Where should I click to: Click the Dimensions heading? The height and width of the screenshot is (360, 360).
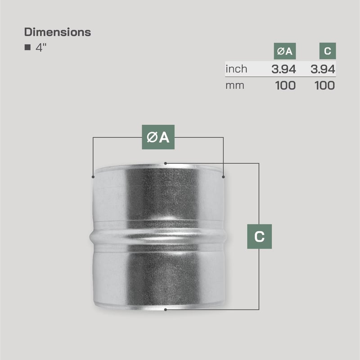(58, 32)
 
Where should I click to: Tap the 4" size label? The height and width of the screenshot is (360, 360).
(41, 48)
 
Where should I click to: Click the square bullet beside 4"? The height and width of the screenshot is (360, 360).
(27, 47)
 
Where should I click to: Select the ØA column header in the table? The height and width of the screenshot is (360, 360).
(285, 51)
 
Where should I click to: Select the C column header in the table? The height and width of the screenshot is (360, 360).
(328, 51)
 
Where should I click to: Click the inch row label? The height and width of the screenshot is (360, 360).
(236, 69)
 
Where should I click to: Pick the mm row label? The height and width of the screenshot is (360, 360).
(234, 85)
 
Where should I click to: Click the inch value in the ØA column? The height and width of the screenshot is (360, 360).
(283, 69)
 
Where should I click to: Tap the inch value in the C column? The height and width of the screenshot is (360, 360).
(323, 69)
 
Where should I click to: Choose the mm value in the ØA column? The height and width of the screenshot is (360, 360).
(285, 85)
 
